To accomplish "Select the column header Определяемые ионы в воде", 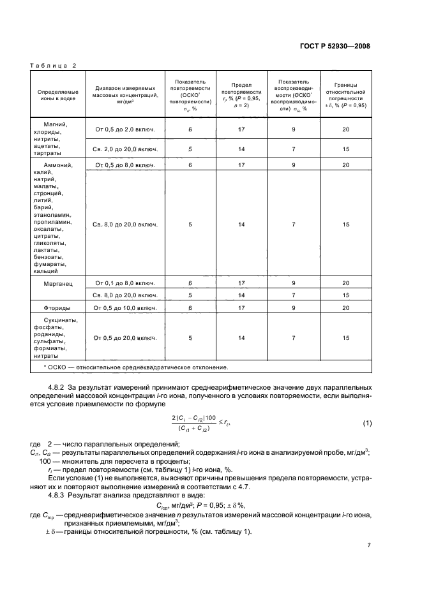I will pyautogui.click(x=56, y=95).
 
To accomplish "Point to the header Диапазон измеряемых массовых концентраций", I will pyautogui.click(x=125, y=95).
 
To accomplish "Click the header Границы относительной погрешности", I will pyautogui.click(x=345, y=95).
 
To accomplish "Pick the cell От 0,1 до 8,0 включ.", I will pyautogui.click(x=125, y=283).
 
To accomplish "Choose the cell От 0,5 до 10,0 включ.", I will pyautogui.click(x=125, y=308).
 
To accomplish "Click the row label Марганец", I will pyautogui.click(x=56, y=283).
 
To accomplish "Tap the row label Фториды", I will pyautogui.click(x=56, y=308).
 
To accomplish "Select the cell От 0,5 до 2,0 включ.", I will pyautogui.click(x=125, y=129).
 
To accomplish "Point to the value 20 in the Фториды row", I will pyautogui.click(x=345, y=308).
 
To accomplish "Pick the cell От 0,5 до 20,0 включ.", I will pyautogui.click(x=125, y=337).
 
